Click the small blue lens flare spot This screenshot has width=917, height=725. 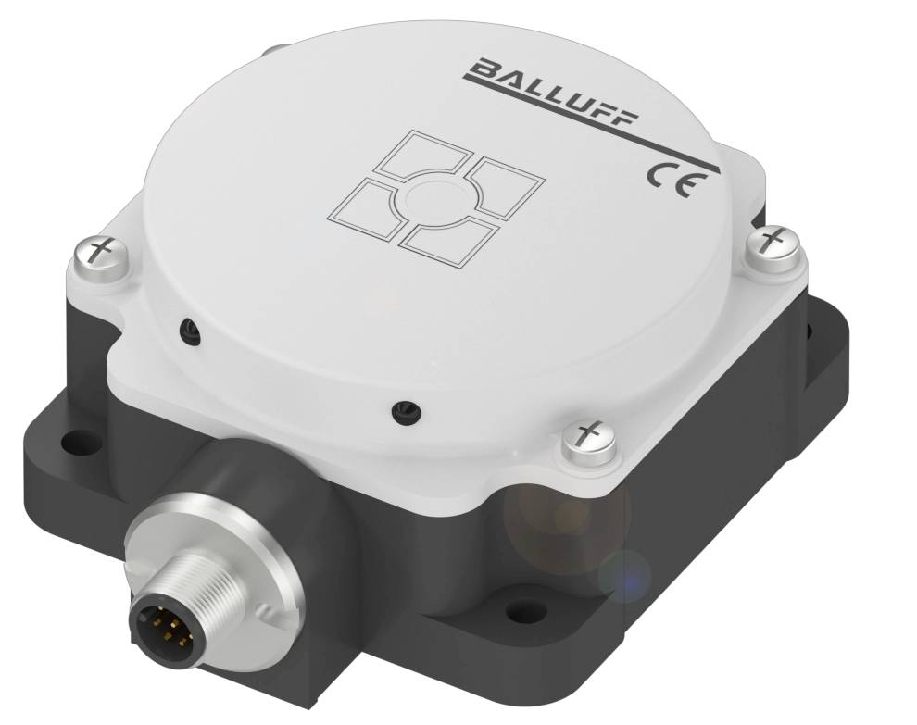pos(623,576)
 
